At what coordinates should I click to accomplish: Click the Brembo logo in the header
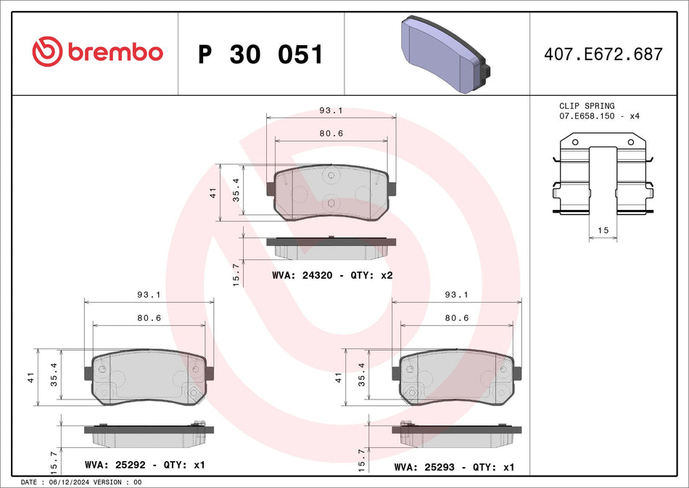(96, 52)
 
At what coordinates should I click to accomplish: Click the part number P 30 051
(260, 54)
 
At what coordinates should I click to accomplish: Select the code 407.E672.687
(603, 54)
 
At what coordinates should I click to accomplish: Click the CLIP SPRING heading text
(587, 106)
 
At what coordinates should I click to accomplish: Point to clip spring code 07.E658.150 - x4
(599, 116)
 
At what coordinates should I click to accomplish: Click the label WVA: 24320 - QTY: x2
(332, 275)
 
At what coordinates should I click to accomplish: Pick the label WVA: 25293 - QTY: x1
(454, 468)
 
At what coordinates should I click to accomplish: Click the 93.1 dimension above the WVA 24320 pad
(331, 111)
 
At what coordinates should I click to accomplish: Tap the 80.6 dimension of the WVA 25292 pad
(149, 318)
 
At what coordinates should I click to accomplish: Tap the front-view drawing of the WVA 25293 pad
(455, 377)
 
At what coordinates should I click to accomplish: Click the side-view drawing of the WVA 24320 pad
(331, 247)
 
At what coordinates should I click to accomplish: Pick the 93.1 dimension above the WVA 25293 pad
(455, 295)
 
